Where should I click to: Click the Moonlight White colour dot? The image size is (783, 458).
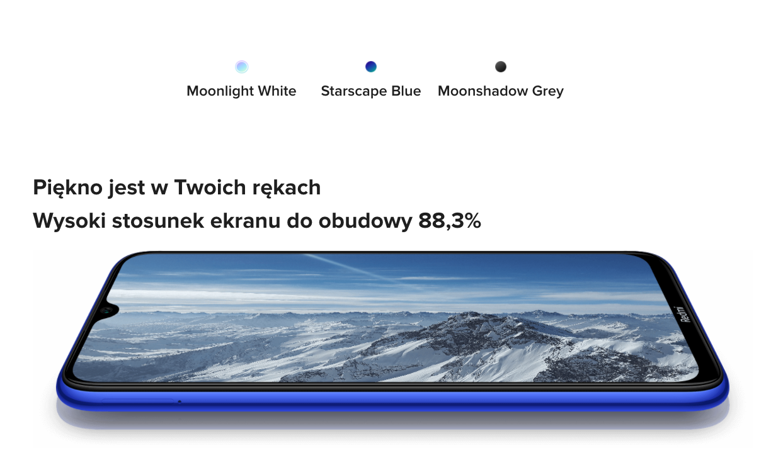coord(241,67)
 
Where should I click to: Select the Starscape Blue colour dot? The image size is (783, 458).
coord(371,67)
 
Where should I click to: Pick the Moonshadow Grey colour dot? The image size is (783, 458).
coord(501,67)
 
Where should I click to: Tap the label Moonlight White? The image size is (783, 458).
coord(241,91)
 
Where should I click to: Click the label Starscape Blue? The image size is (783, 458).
coord(371,91)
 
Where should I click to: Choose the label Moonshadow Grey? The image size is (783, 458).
coord(501,91)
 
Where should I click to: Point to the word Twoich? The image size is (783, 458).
coord(210,187)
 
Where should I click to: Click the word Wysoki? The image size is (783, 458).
coord(69,221)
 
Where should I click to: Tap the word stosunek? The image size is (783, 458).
coord(157,221)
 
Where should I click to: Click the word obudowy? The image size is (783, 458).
coord(365,221)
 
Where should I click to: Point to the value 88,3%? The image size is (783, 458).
coord(450,221)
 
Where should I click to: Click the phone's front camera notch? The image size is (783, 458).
coord(107,310)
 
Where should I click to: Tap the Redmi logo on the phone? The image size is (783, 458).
coord(683,314)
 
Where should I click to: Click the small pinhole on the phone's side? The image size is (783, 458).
coord(180,402)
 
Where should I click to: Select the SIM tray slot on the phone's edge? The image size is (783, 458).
coord(138,401)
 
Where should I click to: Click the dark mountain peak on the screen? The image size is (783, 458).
coord(465,325)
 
